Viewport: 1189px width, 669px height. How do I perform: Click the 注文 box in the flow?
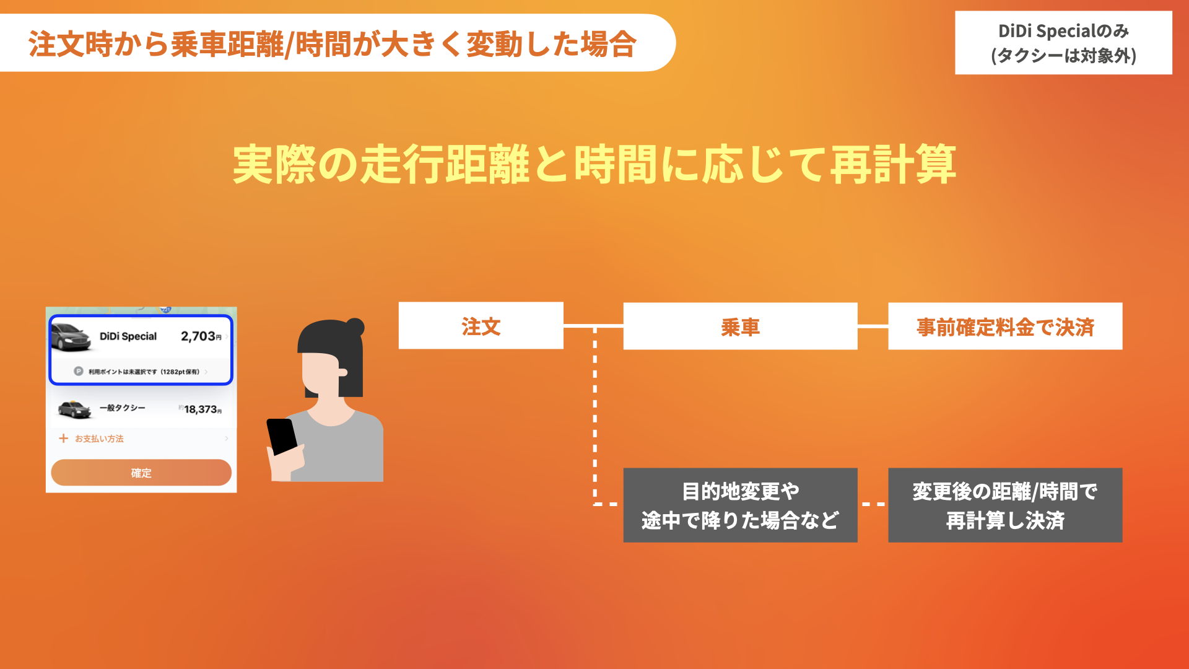point(481,326)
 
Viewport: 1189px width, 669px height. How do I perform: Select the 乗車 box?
point(740,326)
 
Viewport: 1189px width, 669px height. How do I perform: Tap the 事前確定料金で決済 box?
point(1005,326)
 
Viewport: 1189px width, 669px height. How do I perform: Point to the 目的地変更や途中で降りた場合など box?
point(740,505)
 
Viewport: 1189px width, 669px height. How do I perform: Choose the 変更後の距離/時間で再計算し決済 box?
point(1005,505)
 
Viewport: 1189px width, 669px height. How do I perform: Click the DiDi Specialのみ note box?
point(1063,43)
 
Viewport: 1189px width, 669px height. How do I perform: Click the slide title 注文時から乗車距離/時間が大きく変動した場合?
point(333,44)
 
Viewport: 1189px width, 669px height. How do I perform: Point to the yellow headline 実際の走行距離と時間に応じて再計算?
point(594,165)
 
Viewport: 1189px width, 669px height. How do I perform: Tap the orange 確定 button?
point(141,473)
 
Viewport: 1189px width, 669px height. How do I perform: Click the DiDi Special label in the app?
point(128,336)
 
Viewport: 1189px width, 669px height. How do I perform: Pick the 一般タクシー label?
point(122,408)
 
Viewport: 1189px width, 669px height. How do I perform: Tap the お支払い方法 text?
point(99,439)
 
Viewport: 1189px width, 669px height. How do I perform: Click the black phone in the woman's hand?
point(282,437)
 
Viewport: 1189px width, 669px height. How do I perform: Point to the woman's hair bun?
point(355,327)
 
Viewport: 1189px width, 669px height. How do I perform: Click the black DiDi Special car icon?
point(71,337)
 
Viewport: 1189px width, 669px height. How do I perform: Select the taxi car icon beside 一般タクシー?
point(74,409)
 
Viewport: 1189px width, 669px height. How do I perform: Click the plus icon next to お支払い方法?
point(63,439)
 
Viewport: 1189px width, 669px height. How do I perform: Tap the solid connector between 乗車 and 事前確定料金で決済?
point(873,326)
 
